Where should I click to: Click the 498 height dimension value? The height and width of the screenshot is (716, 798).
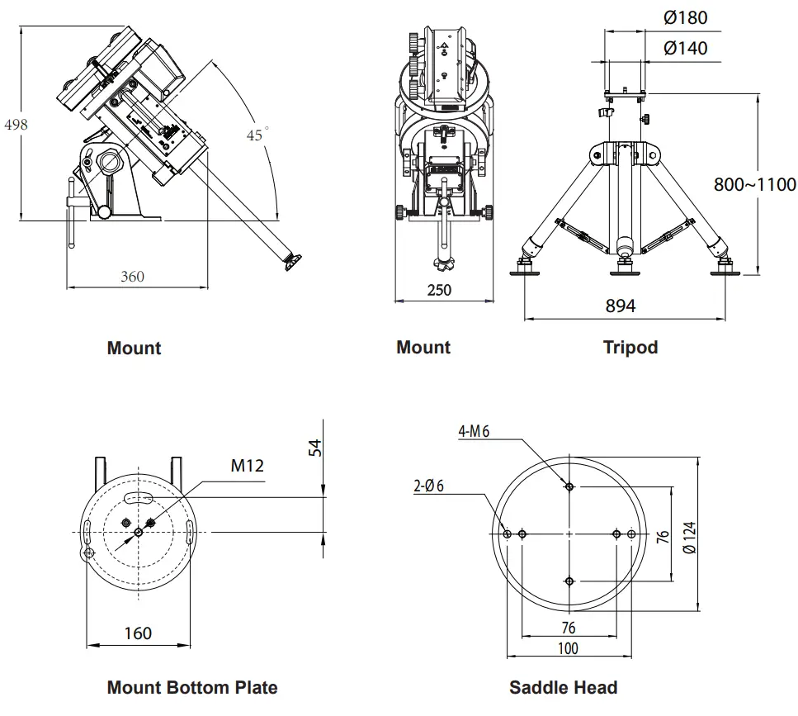pyautogui.click(x=17, y=125)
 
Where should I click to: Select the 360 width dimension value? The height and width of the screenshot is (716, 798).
pyautogui.click(x=132, y=276)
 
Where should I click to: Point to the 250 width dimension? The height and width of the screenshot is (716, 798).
pyautogui.click(x=439, y=290)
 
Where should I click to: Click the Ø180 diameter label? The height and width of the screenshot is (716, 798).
pyautogui.click(x=685, y=17)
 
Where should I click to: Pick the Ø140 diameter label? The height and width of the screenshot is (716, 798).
pyautogui.click(x=685, y=48)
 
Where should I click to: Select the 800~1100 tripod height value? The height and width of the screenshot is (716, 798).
pyautogui.click(x=754, y=184)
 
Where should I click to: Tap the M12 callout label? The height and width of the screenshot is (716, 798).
pyautogui.click(x=247, y=466)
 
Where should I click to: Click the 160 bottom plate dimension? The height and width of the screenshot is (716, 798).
pyautogui.click(x=138, y=633)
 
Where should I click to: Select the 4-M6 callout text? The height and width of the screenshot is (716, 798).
pyautogui.click(x=474, y=430)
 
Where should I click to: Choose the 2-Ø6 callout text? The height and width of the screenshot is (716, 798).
pyautogui.click(x=428, y=486)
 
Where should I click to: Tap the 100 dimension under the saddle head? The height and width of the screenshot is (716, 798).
pyautogui.click(x=568, y=648)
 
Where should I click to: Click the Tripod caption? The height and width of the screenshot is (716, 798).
pyautogui.click(x=630, y=348)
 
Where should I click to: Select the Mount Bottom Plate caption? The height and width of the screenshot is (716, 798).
pyautogui.click(x=192, y=687)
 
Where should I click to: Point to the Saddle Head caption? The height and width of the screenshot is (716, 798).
pyautogui.click(x=563, y=687)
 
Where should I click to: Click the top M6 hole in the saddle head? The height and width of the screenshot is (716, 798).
pyautogui.click(x=569, y=486)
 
